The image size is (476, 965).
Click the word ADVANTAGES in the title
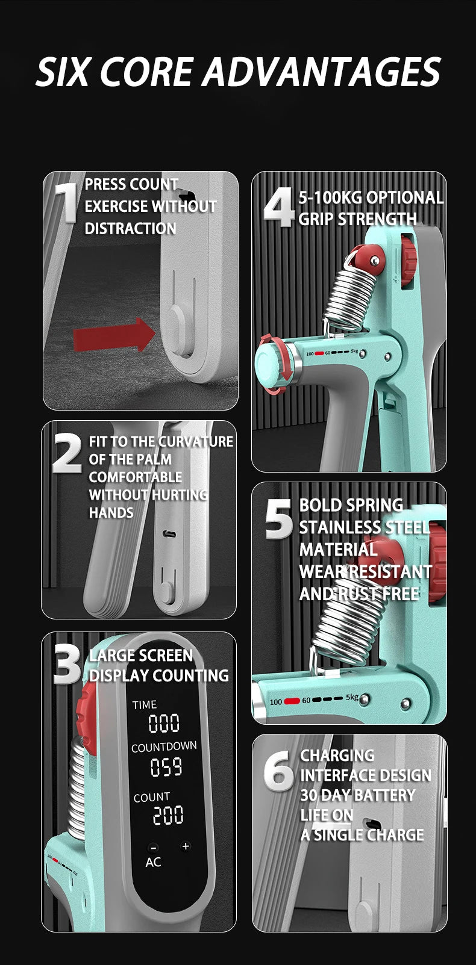coord(322,72)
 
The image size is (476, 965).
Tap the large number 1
coord(67,202)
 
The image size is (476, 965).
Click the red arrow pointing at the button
coord(114,334)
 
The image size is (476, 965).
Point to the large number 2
coord(67,453)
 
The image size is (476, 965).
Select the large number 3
coord(67,664)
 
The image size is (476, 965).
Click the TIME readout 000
coord(164,724)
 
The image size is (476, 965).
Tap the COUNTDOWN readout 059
coord(166,768)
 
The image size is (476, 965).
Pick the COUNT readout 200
coord(168,815)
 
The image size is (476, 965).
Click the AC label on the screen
coord(153,862)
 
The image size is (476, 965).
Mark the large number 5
coord(279,519)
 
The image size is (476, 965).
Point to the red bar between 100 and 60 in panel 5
coord(292,701)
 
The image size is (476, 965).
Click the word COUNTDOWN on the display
coord(164,747)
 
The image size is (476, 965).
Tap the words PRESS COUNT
coord(131,184)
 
